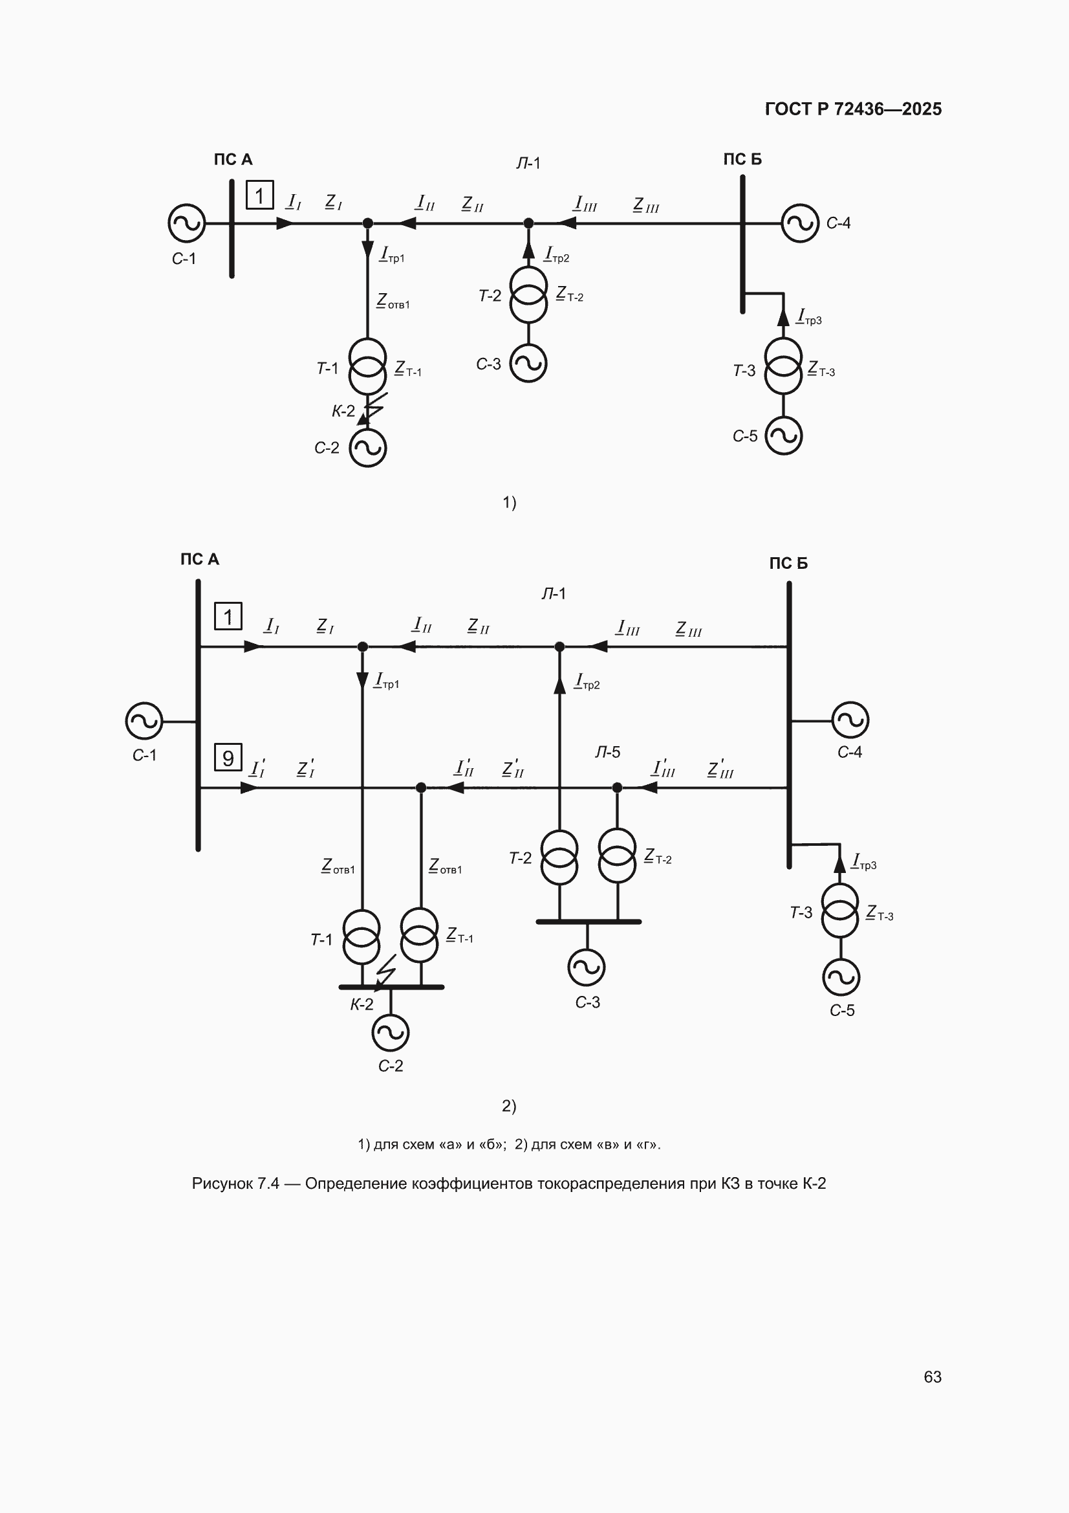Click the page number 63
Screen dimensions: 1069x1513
click(x=932, y=1376)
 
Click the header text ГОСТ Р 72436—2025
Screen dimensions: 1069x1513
click(x=853, y=109)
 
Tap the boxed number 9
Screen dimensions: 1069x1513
click(x=228, y=757)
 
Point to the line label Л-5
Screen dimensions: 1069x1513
click(x=607, y=752)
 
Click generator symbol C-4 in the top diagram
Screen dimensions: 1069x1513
click(x=799, y=223)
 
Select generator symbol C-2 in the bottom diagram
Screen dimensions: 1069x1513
click(x=391, y=1033)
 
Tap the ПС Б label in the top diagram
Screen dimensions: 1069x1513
click(x=742, y=159)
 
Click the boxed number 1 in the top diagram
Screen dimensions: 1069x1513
click(x=259, y=195)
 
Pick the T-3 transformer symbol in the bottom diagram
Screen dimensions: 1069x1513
click(x=840, y=911)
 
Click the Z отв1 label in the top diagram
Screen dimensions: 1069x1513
click(x=393, y=302)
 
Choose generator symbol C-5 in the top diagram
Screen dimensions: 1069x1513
click(x=783, y=436)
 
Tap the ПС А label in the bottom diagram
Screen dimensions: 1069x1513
click(x=200, y=560)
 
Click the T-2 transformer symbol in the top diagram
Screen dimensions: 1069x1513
click(x=528, y=294)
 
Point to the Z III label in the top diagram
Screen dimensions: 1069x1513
click(x=646, y=205)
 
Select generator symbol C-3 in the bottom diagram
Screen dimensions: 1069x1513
click(x=586, y=967)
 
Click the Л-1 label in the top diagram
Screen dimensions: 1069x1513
click(x=528, y=163)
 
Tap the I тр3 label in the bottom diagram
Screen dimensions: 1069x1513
click(x=864, y=862)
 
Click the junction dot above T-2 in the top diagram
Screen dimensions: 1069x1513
click(x=528, y=223)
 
